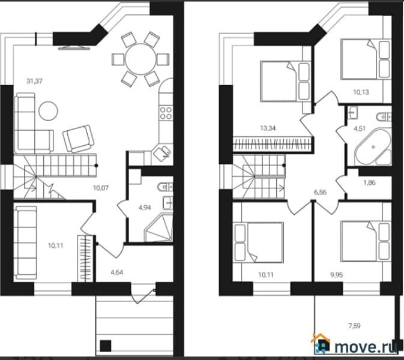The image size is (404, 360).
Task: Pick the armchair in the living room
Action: tap(79, 138)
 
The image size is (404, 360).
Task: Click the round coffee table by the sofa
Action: tap(48, 110)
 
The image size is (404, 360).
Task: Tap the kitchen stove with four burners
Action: tap(165, 112)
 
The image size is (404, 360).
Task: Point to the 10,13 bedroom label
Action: tap(361, 92)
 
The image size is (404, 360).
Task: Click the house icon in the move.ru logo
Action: tap(321, 344)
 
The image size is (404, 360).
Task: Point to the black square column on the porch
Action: tap(106, 346)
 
